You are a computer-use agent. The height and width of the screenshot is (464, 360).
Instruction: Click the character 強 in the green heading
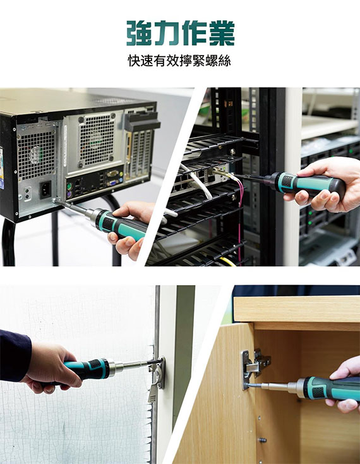[138, 33]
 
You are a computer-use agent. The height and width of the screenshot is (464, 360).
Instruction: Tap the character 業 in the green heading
[222, 33]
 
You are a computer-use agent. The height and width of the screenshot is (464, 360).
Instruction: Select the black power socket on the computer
[45, 190]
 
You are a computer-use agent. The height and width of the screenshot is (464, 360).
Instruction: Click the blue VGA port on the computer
[113, 183]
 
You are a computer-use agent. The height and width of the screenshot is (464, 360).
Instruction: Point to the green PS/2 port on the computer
[69, 187]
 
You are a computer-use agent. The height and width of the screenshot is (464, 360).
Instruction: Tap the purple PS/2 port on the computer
[69, 195]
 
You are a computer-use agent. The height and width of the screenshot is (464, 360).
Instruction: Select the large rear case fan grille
[97, 140]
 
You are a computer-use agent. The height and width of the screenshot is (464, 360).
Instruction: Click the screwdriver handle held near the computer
[121, 226]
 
